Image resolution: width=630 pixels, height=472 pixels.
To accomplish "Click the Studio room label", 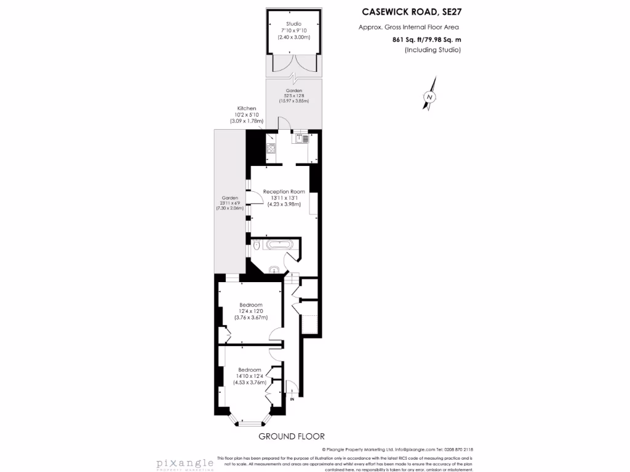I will point(293,23).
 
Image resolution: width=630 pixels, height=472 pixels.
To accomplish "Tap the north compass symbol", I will point(430,97).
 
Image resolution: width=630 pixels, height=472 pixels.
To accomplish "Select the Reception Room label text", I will point(284,192).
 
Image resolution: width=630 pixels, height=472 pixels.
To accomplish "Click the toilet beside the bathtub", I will point(255,246).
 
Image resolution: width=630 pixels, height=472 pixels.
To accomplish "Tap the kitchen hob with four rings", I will point(271,148).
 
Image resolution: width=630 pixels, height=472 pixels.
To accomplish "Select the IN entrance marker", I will point(292,399).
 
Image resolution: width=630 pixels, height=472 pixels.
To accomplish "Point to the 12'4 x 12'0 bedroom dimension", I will point(251,312).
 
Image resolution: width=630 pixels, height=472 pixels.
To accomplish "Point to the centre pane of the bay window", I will point(250,423).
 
